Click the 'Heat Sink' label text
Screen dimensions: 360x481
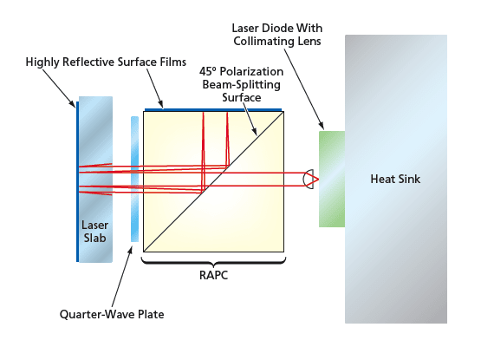click(x=395, y=179)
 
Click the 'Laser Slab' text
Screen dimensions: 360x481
click(x=94, y=230)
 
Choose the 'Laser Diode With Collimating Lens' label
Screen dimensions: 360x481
click(x=277, y=34)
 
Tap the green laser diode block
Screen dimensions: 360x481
click(x=332, y=178)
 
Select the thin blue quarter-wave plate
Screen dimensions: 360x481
click(x=134, y=179)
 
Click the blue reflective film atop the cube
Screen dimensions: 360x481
click(x=212, y=110)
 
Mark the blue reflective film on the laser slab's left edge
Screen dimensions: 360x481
click(x=77, y=179)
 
